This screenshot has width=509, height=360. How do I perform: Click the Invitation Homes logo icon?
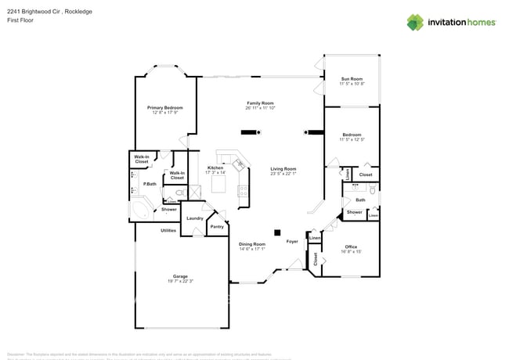tap(415, 22)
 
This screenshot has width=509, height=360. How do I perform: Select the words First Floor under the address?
tap(19, 21)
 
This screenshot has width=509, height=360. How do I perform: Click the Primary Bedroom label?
tap(165, 107)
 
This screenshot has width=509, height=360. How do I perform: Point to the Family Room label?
tap(260, 103)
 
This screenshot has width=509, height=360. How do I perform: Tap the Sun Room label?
tap(352, 79)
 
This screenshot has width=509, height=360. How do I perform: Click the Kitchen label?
tap(216, 167)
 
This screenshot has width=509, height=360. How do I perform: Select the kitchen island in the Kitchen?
tap(219, 185)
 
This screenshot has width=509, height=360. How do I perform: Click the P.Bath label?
tap(150, 184)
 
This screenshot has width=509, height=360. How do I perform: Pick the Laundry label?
tap(195, 218)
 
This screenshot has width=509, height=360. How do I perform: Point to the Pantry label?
tap(217, 226)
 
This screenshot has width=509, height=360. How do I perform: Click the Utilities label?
tap(168, 230)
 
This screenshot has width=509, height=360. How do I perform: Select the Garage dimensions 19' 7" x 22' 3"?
tap(181, 281)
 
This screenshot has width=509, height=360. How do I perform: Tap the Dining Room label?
tap(252, 244)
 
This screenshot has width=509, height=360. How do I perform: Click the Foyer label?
tap(292, 241)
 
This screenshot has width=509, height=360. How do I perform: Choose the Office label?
tap(350, 247)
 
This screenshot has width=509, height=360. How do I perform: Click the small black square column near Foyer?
tap(276, 232)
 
